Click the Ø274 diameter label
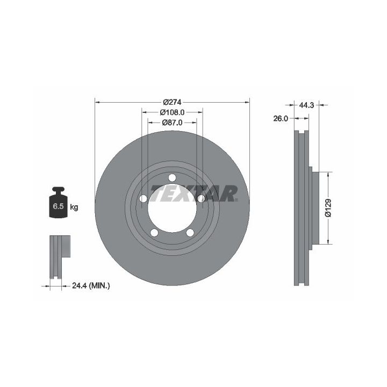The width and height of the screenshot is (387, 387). (x=173, y=102)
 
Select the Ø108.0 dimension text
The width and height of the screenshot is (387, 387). (x=173, y=112)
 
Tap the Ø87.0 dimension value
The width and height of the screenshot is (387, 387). (x=173, y=123)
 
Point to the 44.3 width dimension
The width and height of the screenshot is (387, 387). (x=306, y=105)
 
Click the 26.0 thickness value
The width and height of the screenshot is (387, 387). (x=281, y=119)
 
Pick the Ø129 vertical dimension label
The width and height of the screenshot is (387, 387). (x=328, y=208)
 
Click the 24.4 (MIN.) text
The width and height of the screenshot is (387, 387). (x=91, y=286)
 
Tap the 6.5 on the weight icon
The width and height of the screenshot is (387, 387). (x=58, y=206)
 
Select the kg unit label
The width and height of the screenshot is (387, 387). (x=74, y=207)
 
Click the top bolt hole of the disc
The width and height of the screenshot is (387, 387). (x=173, y=178)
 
